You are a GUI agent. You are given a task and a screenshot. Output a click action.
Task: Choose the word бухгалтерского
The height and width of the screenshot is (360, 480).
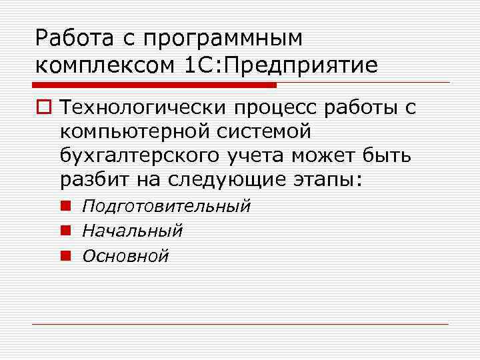click(x=137, y=156)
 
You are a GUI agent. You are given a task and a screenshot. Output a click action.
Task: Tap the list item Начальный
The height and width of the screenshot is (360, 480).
click(x=132, y=231)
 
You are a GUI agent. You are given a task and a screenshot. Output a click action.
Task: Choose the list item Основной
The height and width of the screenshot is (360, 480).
click(x=125, y=255)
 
